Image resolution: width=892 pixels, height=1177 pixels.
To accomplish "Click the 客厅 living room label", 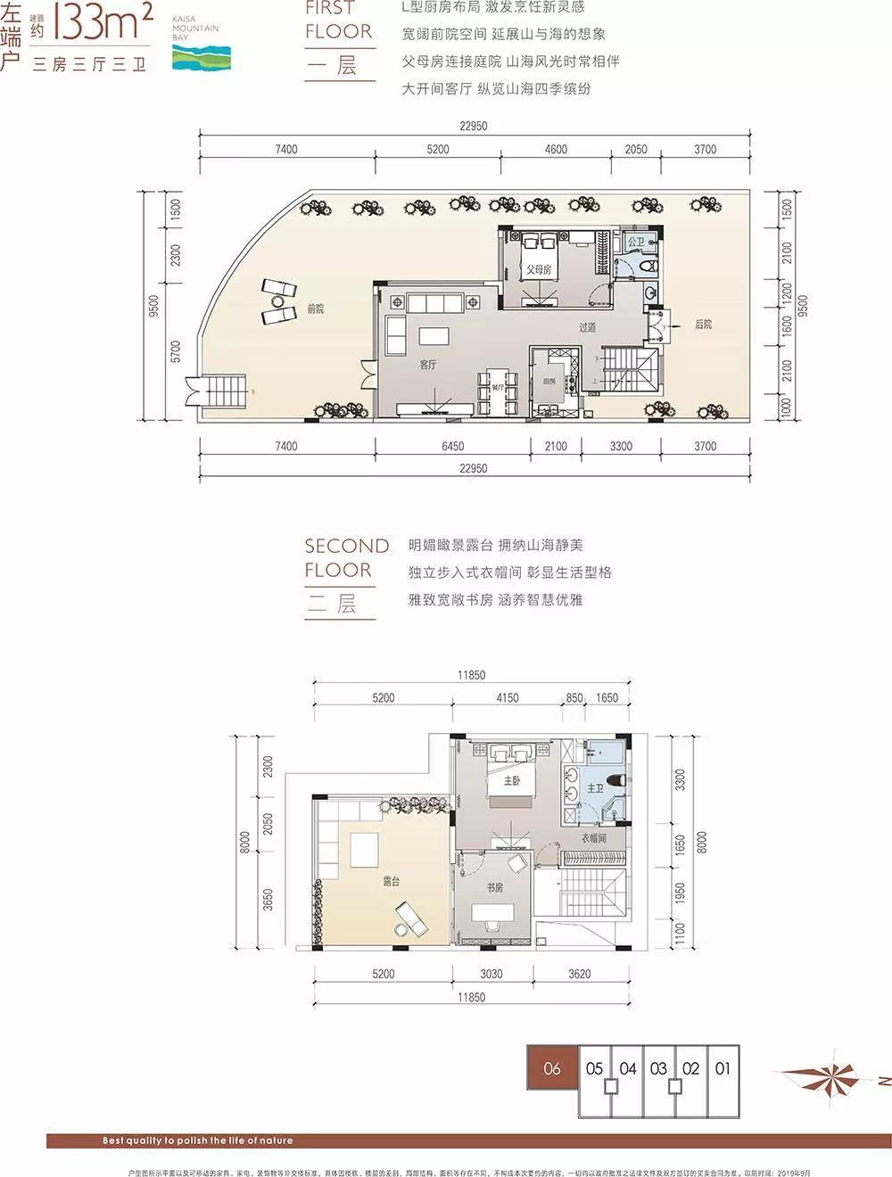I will point(428,364).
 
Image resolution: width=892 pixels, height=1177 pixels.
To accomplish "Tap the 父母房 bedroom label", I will point(538,269).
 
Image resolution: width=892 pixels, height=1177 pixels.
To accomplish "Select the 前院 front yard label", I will point(315,309).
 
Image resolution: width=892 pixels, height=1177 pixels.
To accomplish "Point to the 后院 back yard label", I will point(703,325).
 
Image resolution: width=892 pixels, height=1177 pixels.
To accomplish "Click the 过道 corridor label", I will point(587,327).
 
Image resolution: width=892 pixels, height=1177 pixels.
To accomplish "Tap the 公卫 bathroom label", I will point(635,242).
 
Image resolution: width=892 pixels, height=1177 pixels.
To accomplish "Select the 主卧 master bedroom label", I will point(511,781).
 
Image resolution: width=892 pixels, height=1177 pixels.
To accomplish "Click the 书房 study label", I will point(494,887).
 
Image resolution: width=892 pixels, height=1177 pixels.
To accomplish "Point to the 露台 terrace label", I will point(391,881).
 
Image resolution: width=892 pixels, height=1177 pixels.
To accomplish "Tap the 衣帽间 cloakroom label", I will point(593,838).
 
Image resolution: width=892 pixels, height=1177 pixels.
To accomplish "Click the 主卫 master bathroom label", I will point(595,788).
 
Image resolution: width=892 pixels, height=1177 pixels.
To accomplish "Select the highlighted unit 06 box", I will point(551,1068).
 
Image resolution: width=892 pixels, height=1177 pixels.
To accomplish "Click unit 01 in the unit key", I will point(723,1068).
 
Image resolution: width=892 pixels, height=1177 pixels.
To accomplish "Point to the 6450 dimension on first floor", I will point(452,446).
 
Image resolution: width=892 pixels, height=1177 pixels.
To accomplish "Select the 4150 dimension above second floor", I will point(507,698).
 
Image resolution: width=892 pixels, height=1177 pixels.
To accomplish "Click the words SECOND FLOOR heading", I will point(346,557).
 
